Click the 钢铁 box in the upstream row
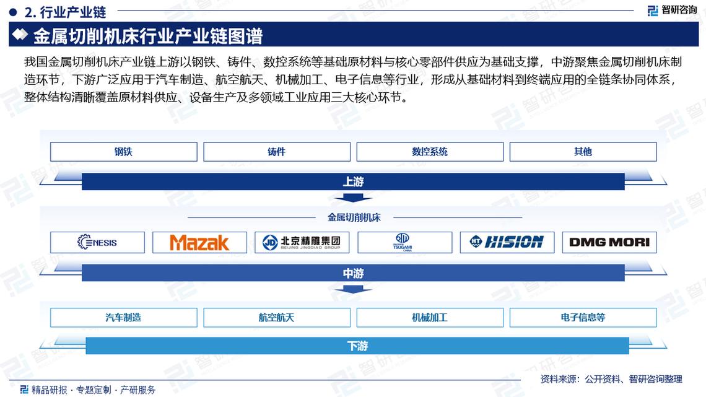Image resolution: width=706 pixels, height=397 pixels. (123, 152)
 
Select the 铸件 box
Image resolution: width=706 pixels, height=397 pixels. (276, 152)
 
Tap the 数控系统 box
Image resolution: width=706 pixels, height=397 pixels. (429, 152)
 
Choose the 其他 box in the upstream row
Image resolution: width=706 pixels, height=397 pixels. (583, 152)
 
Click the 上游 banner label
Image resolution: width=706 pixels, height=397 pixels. (353, 181)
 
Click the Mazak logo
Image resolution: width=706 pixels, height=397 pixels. (199, 242)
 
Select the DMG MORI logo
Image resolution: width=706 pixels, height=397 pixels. (609, 242)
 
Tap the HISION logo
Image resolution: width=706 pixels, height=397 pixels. (507, 242)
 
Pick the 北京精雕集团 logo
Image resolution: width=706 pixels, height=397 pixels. (302, 242)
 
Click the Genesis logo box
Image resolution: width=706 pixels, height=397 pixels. (97, 242)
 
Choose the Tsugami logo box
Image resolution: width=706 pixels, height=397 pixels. (404, 242)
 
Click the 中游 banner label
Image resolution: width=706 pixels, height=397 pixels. (353, 273)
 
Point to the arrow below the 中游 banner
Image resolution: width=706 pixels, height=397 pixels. (353, 290)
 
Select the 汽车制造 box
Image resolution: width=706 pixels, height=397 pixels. (123, 318)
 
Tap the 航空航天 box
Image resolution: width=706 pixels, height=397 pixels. (276, 318)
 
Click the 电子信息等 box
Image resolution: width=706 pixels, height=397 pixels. (583, 318)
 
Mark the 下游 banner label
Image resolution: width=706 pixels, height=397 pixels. (357, 346)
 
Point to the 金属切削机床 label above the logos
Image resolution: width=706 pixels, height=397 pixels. (354, 217)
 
